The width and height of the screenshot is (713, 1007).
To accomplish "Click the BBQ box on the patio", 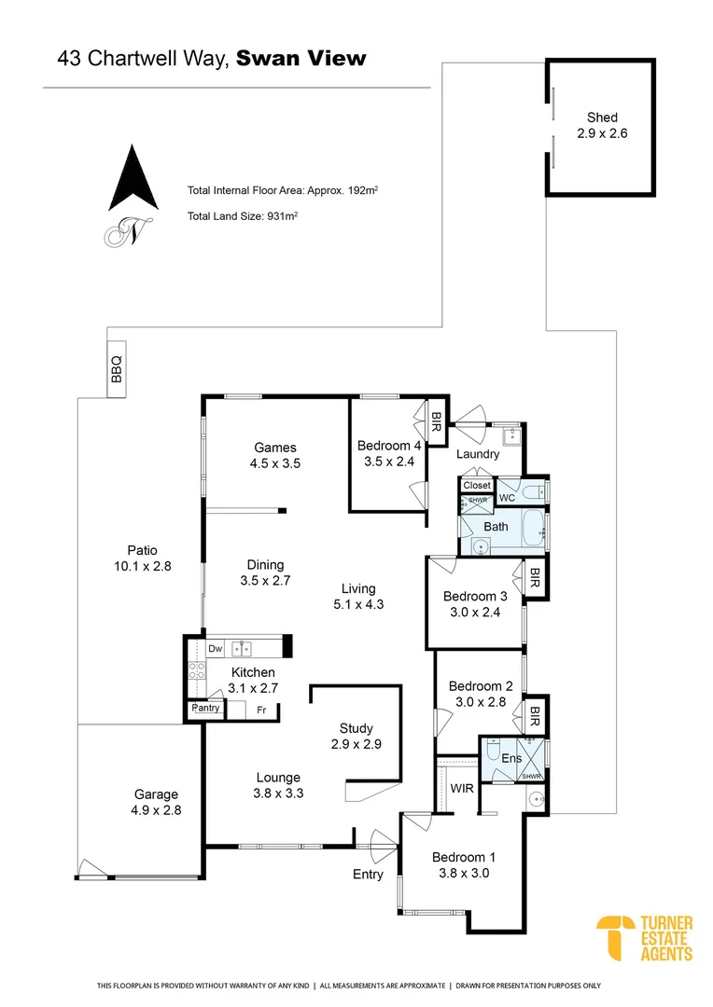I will [118, 369].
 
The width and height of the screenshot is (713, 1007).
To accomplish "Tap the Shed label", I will [602, 117].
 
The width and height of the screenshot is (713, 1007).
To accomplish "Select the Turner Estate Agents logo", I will [645, 938].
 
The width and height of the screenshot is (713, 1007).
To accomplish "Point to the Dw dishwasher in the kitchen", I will [215, 649].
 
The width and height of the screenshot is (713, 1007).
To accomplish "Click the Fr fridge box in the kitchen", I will [261, 710].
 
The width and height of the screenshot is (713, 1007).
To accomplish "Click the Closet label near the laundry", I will [477, 486].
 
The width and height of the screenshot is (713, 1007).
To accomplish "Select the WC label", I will [508, 499].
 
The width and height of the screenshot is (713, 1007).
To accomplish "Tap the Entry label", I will [368, 875].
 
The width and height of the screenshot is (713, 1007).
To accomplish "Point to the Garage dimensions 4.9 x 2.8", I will [155, 810].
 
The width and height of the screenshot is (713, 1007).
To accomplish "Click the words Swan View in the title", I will [301, 59].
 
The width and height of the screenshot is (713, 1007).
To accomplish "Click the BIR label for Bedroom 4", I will [436, 423].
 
